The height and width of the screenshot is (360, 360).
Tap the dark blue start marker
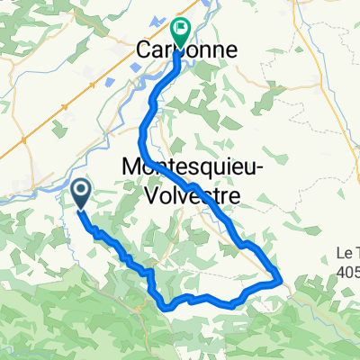pos(80,192)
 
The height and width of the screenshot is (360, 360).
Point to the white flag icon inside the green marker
pos(180,29)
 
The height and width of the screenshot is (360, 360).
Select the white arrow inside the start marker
pos(80,189)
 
